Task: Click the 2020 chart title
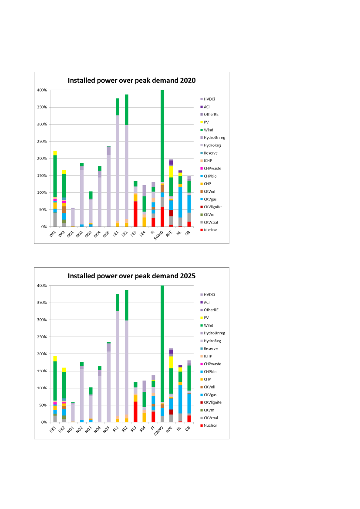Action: (131, 81)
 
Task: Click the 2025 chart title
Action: (131, 276)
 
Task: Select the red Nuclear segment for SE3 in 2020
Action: (135, 214)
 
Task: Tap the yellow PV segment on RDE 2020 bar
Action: (172, 172)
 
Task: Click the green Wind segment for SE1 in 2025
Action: (118, 302)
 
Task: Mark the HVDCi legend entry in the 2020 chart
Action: (210, 99)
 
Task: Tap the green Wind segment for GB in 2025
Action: (189, 378)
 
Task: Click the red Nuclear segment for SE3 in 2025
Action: (135, 411)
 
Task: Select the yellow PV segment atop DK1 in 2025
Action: (55, 358)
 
